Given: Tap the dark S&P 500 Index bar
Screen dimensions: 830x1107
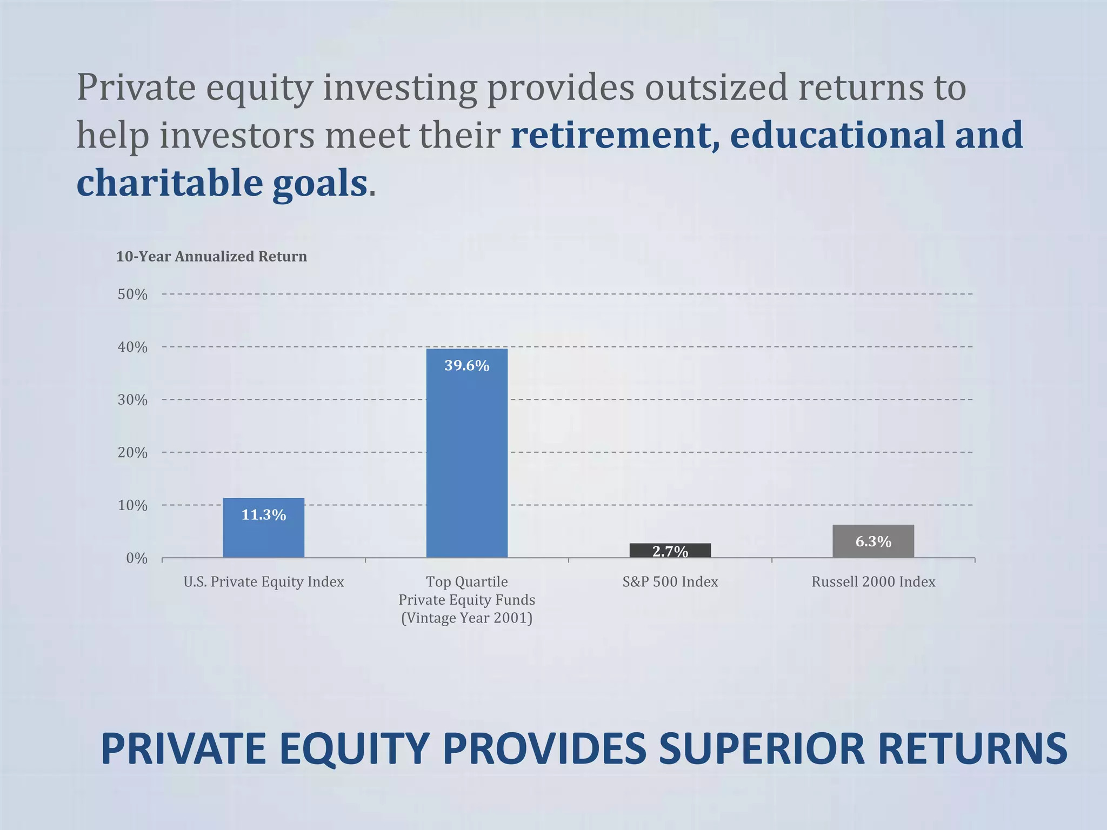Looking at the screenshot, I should click(x=670, y=550).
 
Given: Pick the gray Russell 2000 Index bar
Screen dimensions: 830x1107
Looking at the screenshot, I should click(x=873, y=541).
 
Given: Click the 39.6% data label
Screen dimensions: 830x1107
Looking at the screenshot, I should click(x=466, y=366).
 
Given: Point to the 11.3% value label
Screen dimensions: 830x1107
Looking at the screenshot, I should click(x=263, y=515).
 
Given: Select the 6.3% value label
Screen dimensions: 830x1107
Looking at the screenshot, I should click(x=873, y=541).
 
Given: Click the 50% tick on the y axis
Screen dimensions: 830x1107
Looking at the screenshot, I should click(x=132, y=294).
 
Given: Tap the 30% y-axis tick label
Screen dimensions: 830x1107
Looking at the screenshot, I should click(x=132, y=400).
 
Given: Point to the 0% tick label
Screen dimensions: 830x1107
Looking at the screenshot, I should click(x=136, y=558).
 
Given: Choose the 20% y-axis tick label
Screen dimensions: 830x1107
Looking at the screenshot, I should click(x=132, y=453).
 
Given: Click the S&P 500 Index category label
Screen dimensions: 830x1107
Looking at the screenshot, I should click(x=670, y=582).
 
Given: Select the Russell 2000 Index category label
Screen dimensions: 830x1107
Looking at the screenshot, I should click(x=873, y=582).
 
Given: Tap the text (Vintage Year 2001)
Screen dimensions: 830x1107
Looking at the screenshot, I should click(x=466, y=618).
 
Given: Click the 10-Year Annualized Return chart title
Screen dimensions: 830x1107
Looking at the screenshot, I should click(x=211, y=257).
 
